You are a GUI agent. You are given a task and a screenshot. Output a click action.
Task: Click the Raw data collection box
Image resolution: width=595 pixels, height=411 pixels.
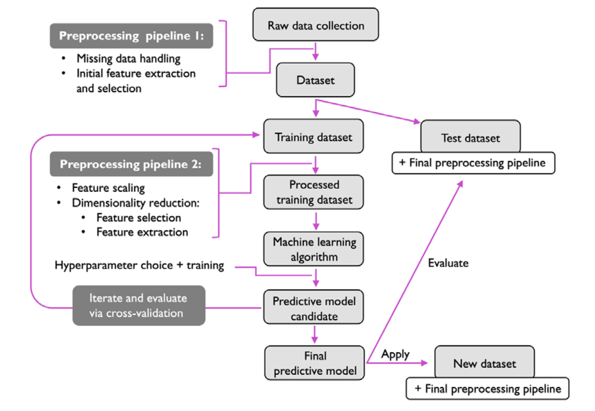[315, 25]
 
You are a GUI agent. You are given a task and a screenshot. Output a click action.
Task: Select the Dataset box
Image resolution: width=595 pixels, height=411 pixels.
[315, 80]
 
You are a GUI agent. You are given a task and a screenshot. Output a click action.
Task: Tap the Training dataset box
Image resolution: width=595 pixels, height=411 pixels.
[313, 137]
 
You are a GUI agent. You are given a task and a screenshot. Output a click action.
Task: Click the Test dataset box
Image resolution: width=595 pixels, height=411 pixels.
[470, 137]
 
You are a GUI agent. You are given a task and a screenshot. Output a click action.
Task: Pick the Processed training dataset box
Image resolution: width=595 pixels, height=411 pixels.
[313, 192]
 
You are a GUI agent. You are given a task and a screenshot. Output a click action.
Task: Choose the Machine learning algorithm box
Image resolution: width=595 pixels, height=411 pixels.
[313, 249]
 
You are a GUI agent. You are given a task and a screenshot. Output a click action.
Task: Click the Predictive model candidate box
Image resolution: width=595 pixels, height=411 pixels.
[313, 307]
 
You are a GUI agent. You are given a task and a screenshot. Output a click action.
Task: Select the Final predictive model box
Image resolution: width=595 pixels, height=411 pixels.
[314, 363]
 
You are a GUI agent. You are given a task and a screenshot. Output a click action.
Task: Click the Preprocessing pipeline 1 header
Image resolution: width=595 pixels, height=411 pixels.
[131, 36]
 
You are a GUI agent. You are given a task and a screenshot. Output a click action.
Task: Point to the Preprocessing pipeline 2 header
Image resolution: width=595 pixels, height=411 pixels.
[131, 164]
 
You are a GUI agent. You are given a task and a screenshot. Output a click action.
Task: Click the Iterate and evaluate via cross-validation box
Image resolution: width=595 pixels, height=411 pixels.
[138, 306]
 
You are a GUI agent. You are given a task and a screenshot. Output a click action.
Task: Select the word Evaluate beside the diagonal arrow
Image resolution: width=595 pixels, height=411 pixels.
[448, 263]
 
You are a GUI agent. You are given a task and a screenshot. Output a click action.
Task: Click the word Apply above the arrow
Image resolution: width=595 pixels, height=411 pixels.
[395, 354]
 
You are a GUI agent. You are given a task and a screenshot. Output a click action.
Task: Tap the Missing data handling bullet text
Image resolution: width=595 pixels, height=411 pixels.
[128, 59]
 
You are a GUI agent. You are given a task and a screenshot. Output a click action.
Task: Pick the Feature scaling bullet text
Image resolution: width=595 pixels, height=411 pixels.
[108, 188]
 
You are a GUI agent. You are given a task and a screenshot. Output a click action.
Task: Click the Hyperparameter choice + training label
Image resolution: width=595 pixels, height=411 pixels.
[139, 265]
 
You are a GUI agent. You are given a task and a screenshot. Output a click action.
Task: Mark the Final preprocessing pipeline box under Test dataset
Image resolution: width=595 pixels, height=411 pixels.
[473, 163]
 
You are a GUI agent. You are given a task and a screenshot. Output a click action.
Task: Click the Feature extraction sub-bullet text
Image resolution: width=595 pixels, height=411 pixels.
[142, 232]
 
